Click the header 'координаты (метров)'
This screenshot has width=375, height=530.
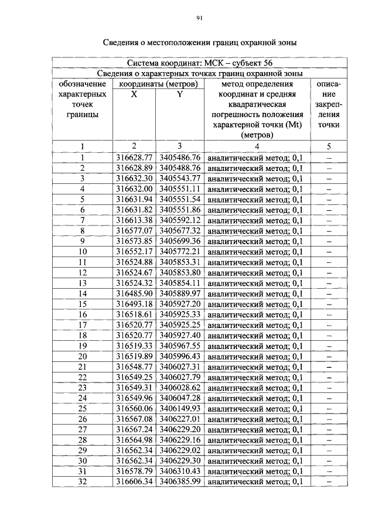point(157,84)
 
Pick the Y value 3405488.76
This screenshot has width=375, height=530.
point(180,168)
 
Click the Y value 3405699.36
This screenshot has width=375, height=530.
point(180,241)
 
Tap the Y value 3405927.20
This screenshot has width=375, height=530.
point(180,304)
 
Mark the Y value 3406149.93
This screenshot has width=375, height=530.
point(180,408)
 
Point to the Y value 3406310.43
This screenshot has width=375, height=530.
point(180,471)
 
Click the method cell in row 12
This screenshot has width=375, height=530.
point(255,272)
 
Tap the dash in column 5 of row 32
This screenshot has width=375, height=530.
point(329,481)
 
